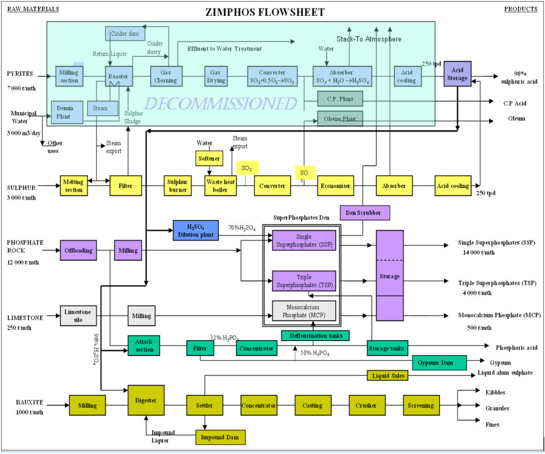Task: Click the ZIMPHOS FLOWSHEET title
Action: (x=265, y=12)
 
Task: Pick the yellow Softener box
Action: (x=208, y=159)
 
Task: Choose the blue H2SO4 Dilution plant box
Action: (x=195, y=229)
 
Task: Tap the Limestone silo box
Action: (x=78, y=315)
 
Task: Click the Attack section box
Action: (x=144, y=345)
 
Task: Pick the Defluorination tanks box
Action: (x=316, y=335)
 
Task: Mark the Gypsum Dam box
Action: (x=439, y=363)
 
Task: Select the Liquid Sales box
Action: (x=387, y=376)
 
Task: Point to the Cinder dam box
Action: (x=125, y=34)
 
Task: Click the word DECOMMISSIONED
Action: (x=220, y=103)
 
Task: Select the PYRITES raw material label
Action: (x=20, y=73)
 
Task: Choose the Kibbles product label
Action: (x=495, y=392)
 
